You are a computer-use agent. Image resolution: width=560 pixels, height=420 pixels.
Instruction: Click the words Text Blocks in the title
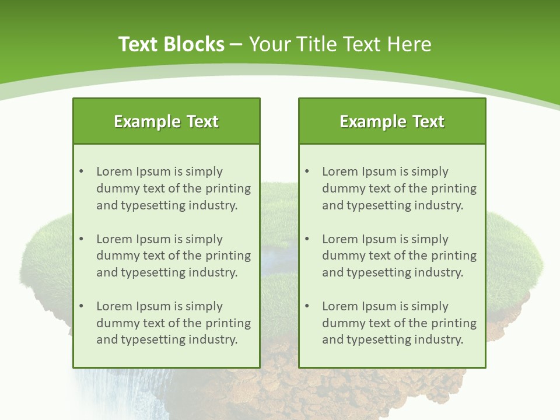pyautogui.click(x=171, y=44)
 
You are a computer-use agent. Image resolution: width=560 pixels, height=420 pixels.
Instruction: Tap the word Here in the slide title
pyautogui.click(x=409, y=44)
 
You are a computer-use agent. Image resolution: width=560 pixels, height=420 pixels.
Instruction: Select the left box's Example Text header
pyautogui.click(x=166, y=121)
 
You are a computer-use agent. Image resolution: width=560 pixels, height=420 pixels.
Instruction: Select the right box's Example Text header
pyautogui.click(x=392, y=121)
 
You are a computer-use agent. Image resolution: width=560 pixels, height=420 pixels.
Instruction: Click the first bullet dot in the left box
pyautogui.click(x=82, y=171)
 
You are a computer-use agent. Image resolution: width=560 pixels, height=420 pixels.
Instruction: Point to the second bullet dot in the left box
pyautogui.click(x=82, y=239)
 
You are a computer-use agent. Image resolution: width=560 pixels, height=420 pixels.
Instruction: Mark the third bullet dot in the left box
pyautogui.click(x=82, y=306)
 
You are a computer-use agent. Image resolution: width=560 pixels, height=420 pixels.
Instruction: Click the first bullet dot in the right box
pyautogui.click(x=307, y=171)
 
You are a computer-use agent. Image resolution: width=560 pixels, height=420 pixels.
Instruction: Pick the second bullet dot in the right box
pyautogui.click(x=307, y=239)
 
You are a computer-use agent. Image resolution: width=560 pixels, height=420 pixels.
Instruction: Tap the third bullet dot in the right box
pyautogui.click(x=307, y=306)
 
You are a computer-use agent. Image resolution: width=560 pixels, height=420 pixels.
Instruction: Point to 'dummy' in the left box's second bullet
pyautogui.click(x=116, y=256)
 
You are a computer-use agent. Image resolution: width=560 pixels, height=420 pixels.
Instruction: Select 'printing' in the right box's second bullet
pyautogui.click(x=454, y=256)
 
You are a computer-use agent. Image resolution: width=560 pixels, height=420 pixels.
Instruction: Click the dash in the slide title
pyautogui.click(x=237, y=44)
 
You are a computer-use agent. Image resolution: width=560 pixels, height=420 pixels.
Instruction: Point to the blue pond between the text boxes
pyautogui.click(x=279, y=257)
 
